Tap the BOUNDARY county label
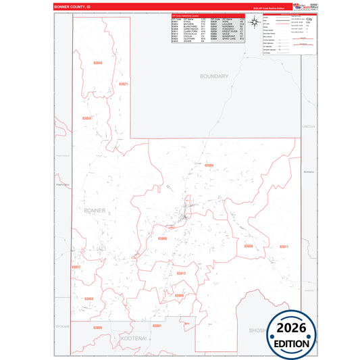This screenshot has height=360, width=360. pos(214,76)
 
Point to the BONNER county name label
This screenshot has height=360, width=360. pos(95,211)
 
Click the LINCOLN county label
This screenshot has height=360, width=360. pos(309,126)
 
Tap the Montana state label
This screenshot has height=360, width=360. pos(310,172)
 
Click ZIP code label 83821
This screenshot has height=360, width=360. pos(123,84)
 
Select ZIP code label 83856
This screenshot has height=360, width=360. pos(86,118)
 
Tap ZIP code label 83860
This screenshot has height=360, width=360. pos(162,238)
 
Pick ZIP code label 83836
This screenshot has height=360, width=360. pos(249,246)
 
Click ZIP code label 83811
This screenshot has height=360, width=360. pos(284,247)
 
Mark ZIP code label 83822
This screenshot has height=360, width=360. pos(76,267)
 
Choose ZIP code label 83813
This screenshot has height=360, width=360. pos(180,273)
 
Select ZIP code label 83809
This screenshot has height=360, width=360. pos(179,295)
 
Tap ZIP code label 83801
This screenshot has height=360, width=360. pos(157,326)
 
